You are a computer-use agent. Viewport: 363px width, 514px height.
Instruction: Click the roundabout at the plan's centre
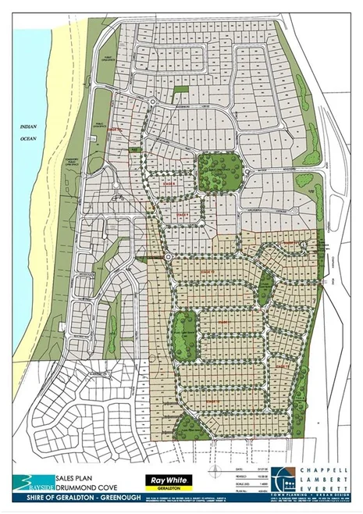coord(167,256)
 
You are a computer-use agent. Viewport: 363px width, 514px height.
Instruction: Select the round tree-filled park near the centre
coord(214,171)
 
